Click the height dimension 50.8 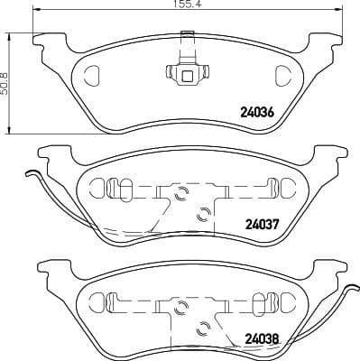tap(8, 84)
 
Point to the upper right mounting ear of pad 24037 tap(318, 153)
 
